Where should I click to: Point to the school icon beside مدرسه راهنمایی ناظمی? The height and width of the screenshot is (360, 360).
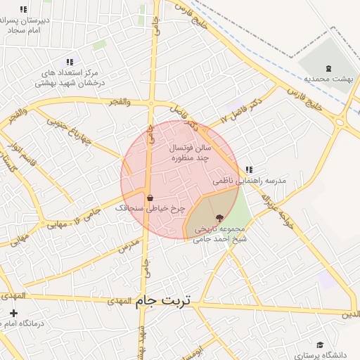click(x=250, y=169)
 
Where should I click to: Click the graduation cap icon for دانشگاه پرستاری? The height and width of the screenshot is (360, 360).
click(x=321, y=345)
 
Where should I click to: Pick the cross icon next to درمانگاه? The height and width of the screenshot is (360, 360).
click(x=14, y=313)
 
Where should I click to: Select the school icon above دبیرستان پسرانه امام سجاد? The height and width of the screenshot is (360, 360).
click(x=24, y=10)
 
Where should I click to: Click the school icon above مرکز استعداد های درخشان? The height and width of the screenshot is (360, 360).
click(x=69, y=62)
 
